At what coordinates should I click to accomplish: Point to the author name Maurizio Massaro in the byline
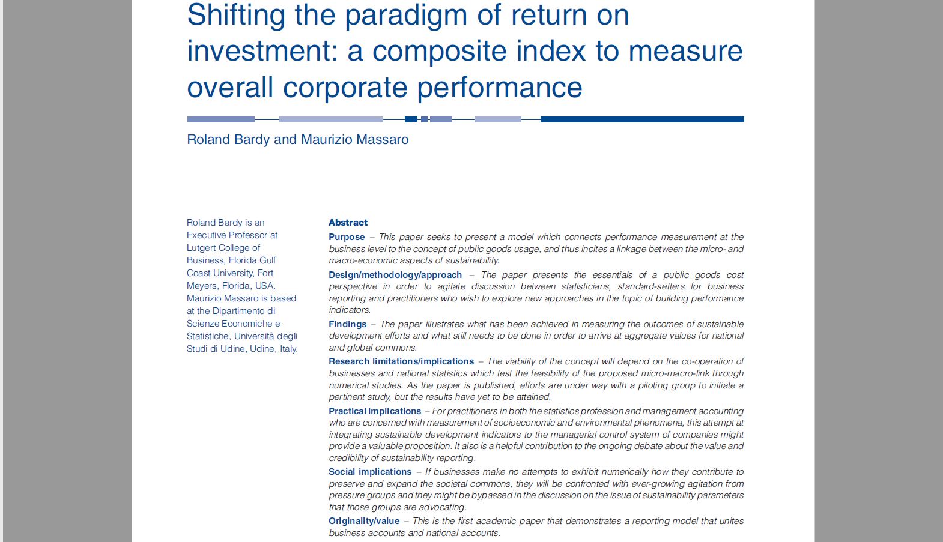(x=354, y=140)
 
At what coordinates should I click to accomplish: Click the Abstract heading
(x=348, y=223)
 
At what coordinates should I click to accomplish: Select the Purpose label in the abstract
(x=347, y=237)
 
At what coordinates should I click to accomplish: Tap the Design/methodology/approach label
(x=395, y=276)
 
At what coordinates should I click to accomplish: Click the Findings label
(x=347, y=324)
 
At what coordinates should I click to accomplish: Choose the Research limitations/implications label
(x=401, y=361)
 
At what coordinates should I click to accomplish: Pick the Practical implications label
(x=375, y=411)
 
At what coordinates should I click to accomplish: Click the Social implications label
(x=370, y=472)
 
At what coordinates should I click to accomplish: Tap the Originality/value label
(x=364, y=521)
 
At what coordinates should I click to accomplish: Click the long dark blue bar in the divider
(x=642, y=119)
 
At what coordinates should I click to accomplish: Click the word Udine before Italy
(x=263, y=349)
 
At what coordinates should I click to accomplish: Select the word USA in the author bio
(x=265, y=286)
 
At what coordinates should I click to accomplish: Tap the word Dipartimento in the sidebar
(x=244, y=311)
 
